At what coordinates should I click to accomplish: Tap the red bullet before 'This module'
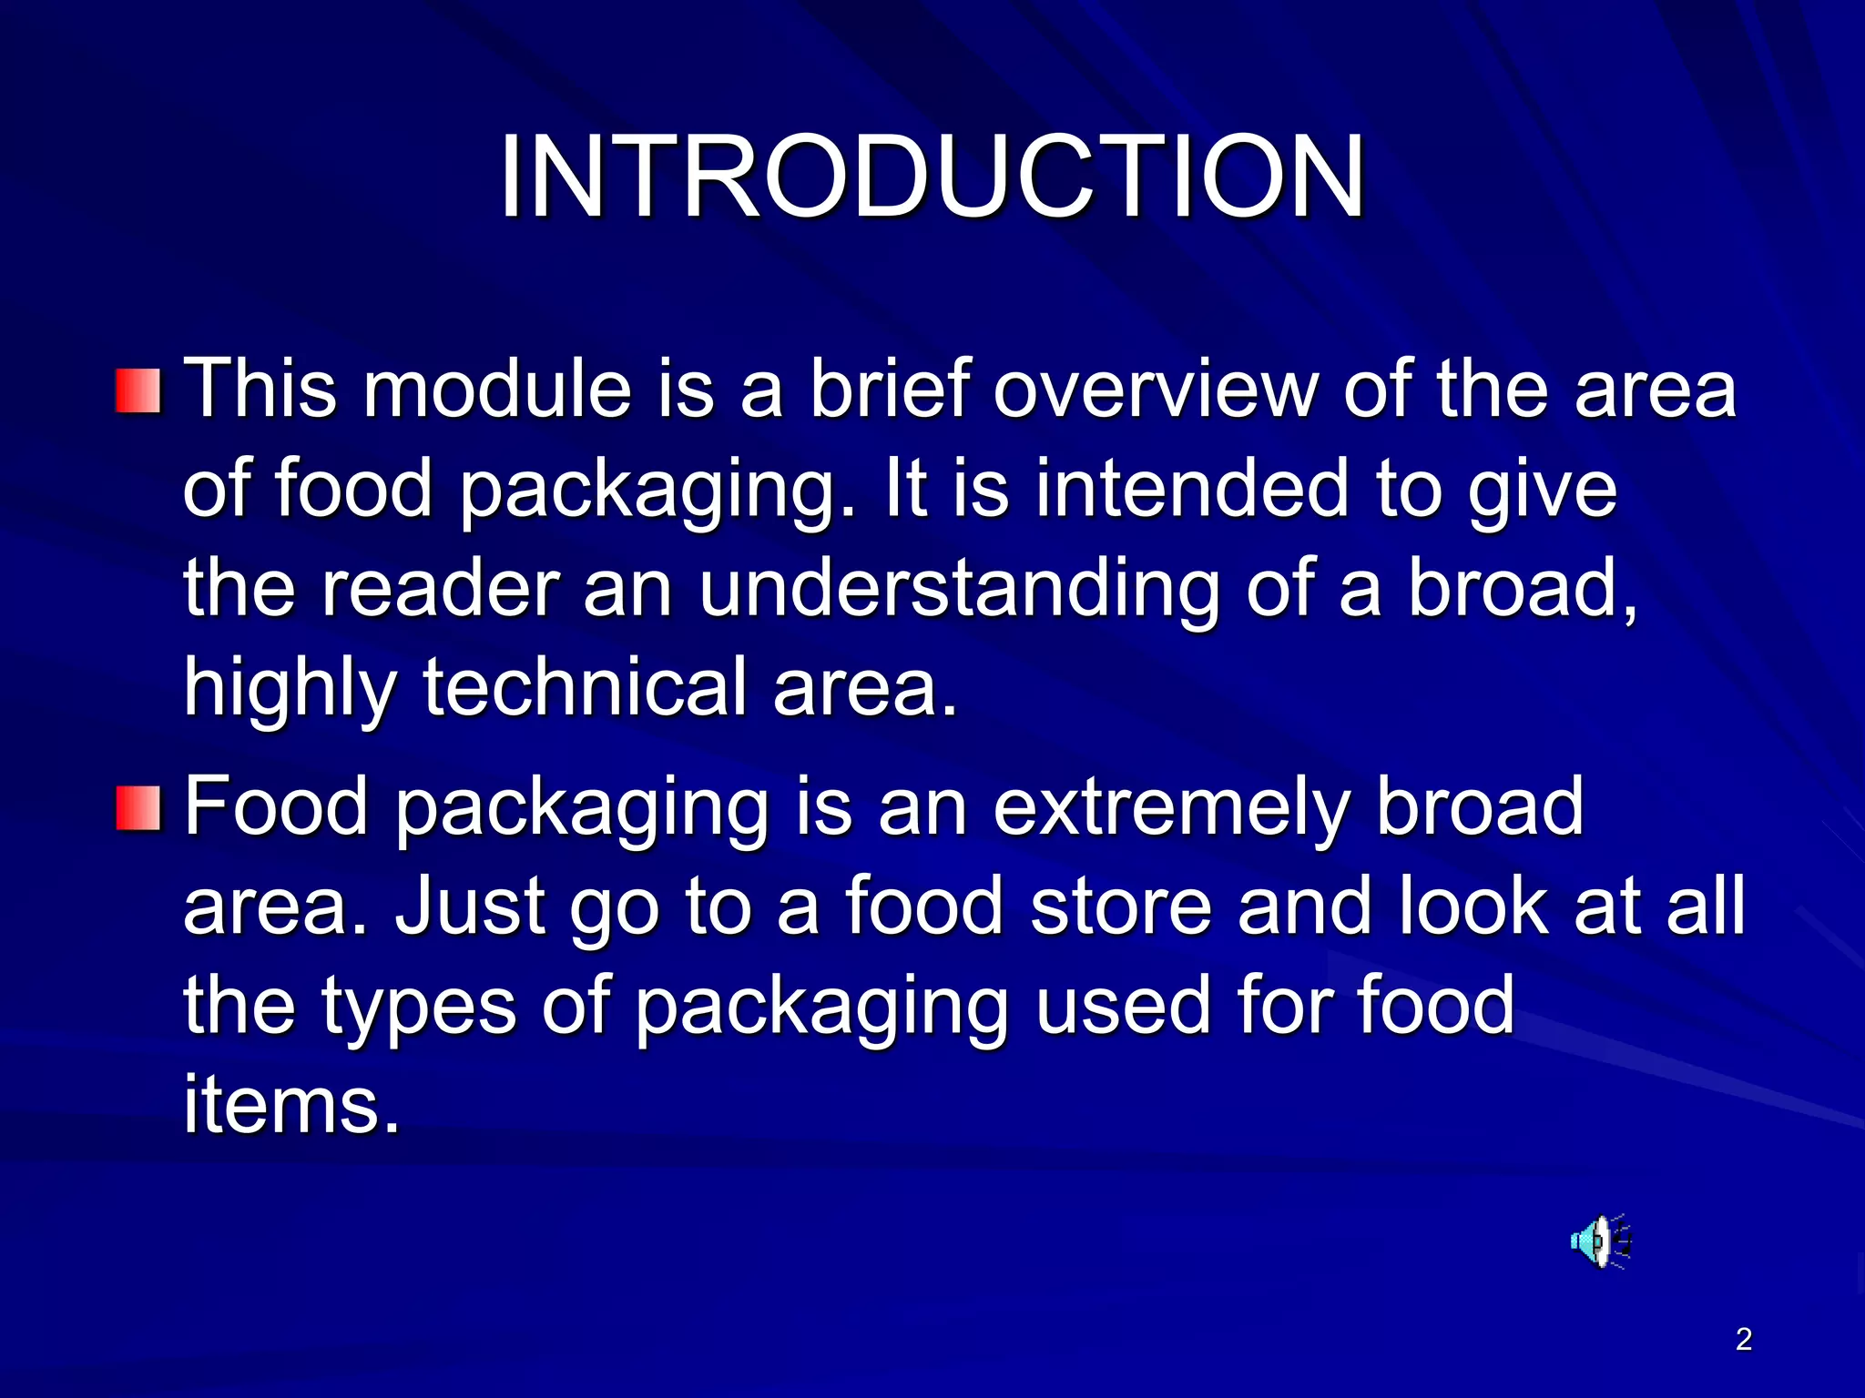[138, 391]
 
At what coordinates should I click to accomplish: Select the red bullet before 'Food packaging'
[138, 808]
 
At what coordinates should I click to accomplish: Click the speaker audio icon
[1600, 1240]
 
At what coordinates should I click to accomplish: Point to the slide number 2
[1743, 1339]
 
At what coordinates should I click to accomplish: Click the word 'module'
[496, 390]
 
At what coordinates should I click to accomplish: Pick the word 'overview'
[1155, 390]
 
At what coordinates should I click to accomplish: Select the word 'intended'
[1190, 489]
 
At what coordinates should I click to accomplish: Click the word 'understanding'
[958, 589]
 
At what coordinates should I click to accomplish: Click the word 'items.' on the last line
[291, 1105]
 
